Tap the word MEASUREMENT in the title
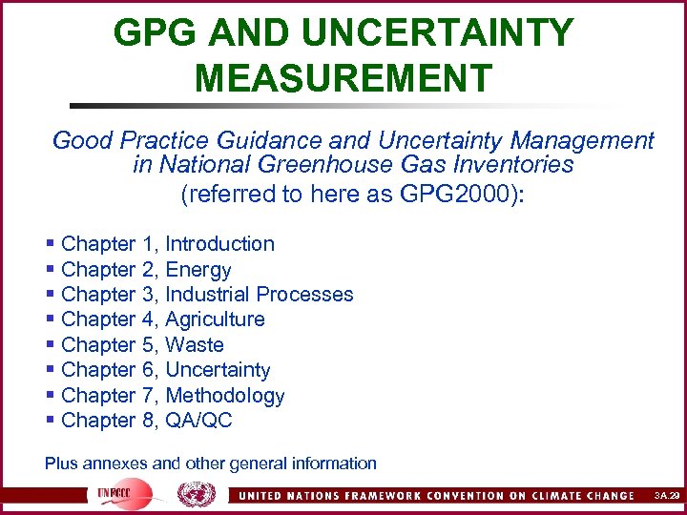click(343, 76)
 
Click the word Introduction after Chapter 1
click(220, 244)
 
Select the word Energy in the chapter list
click(198, 270)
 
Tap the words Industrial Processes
click(260, 295)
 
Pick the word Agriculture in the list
click(216, 319)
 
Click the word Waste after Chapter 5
click(195, 345)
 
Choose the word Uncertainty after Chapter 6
click(219, 370)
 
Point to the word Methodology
click(225, 396)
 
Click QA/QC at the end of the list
click(199, 421)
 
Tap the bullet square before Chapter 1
click(50, 245)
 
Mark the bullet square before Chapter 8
click(50, 421)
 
